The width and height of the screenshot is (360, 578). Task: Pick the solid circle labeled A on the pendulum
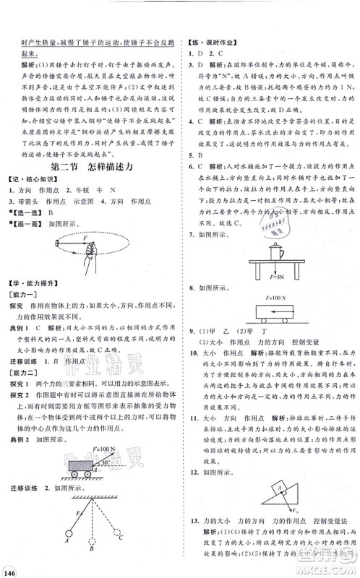pos(67,537)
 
